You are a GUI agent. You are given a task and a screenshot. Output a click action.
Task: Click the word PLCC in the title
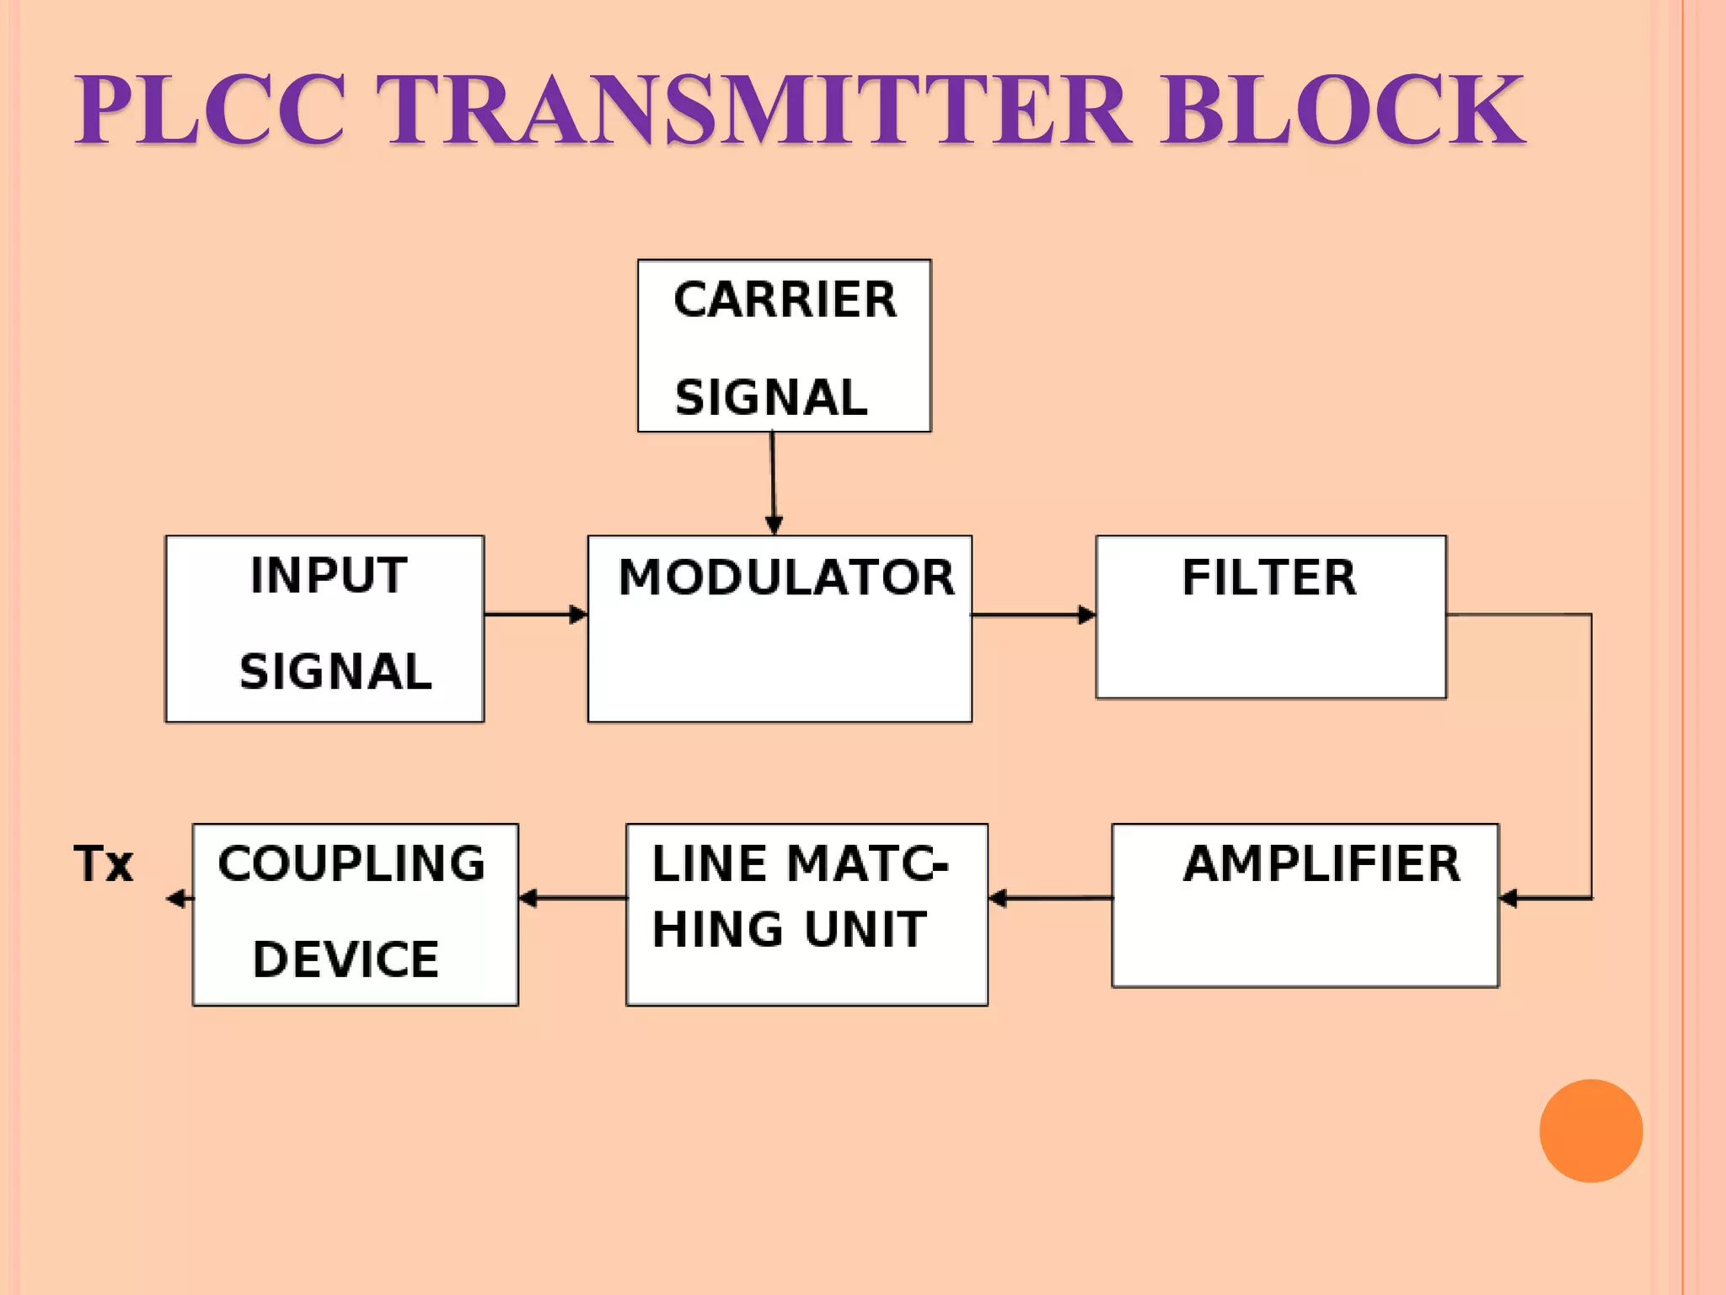coord(210,110)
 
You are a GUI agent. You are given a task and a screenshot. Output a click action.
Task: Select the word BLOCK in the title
coord(1343,110)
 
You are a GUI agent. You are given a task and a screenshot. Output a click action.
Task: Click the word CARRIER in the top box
coord(785,300)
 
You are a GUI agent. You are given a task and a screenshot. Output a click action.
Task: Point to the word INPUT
coord(329,576)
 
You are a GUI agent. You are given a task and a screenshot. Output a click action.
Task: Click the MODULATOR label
coord(786,578)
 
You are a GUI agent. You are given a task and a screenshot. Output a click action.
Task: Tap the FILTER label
coord(1269,578)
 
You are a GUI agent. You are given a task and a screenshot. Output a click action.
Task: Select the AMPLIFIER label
coord(1321,864)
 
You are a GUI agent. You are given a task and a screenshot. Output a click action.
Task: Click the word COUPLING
coord(351,864)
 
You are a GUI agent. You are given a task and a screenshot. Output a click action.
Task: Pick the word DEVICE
coord(346,959)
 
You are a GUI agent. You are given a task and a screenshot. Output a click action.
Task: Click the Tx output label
coord(104,864)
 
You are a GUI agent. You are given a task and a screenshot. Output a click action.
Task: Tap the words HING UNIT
coord(789,930)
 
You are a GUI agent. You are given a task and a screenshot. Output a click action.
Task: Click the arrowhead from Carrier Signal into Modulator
coord(774,524)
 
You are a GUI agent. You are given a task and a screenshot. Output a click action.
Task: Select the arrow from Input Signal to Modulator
coord(536,615)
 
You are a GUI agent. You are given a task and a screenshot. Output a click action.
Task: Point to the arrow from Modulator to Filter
coord(1033,615)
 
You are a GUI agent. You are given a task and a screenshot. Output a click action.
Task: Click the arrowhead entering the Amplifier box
coord(1509,899)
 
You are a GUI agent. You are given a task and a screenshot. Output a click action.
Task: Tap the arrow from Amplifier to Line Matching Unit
coord(1050,899)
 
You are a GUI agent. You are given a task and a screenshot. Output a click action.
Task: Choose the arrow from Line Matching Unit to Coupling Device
coord(572,899)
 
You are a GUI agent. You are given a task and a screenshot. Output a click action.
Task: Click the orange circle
coord(1590,1131)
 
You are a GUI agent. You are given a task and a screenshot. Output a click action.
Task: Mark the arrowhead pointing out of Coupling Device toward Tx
coord(176,899)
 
